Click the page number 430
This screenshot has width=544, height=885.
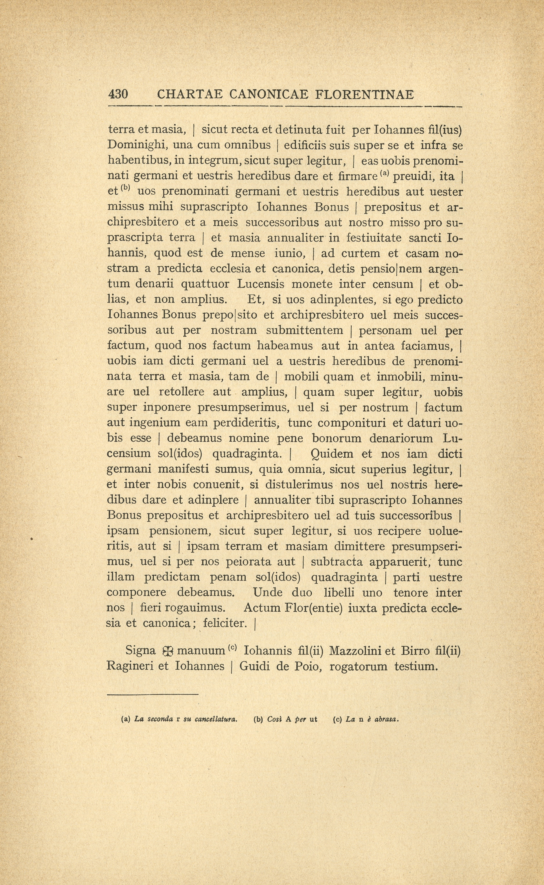pyautogui.click(x=118, y=94)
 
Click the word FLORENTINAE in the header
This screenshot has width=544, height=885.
pyautogui.click(x=365, y=94)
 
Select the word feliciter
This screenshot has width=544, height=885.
pyautogui.click(x=225, y=623)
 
